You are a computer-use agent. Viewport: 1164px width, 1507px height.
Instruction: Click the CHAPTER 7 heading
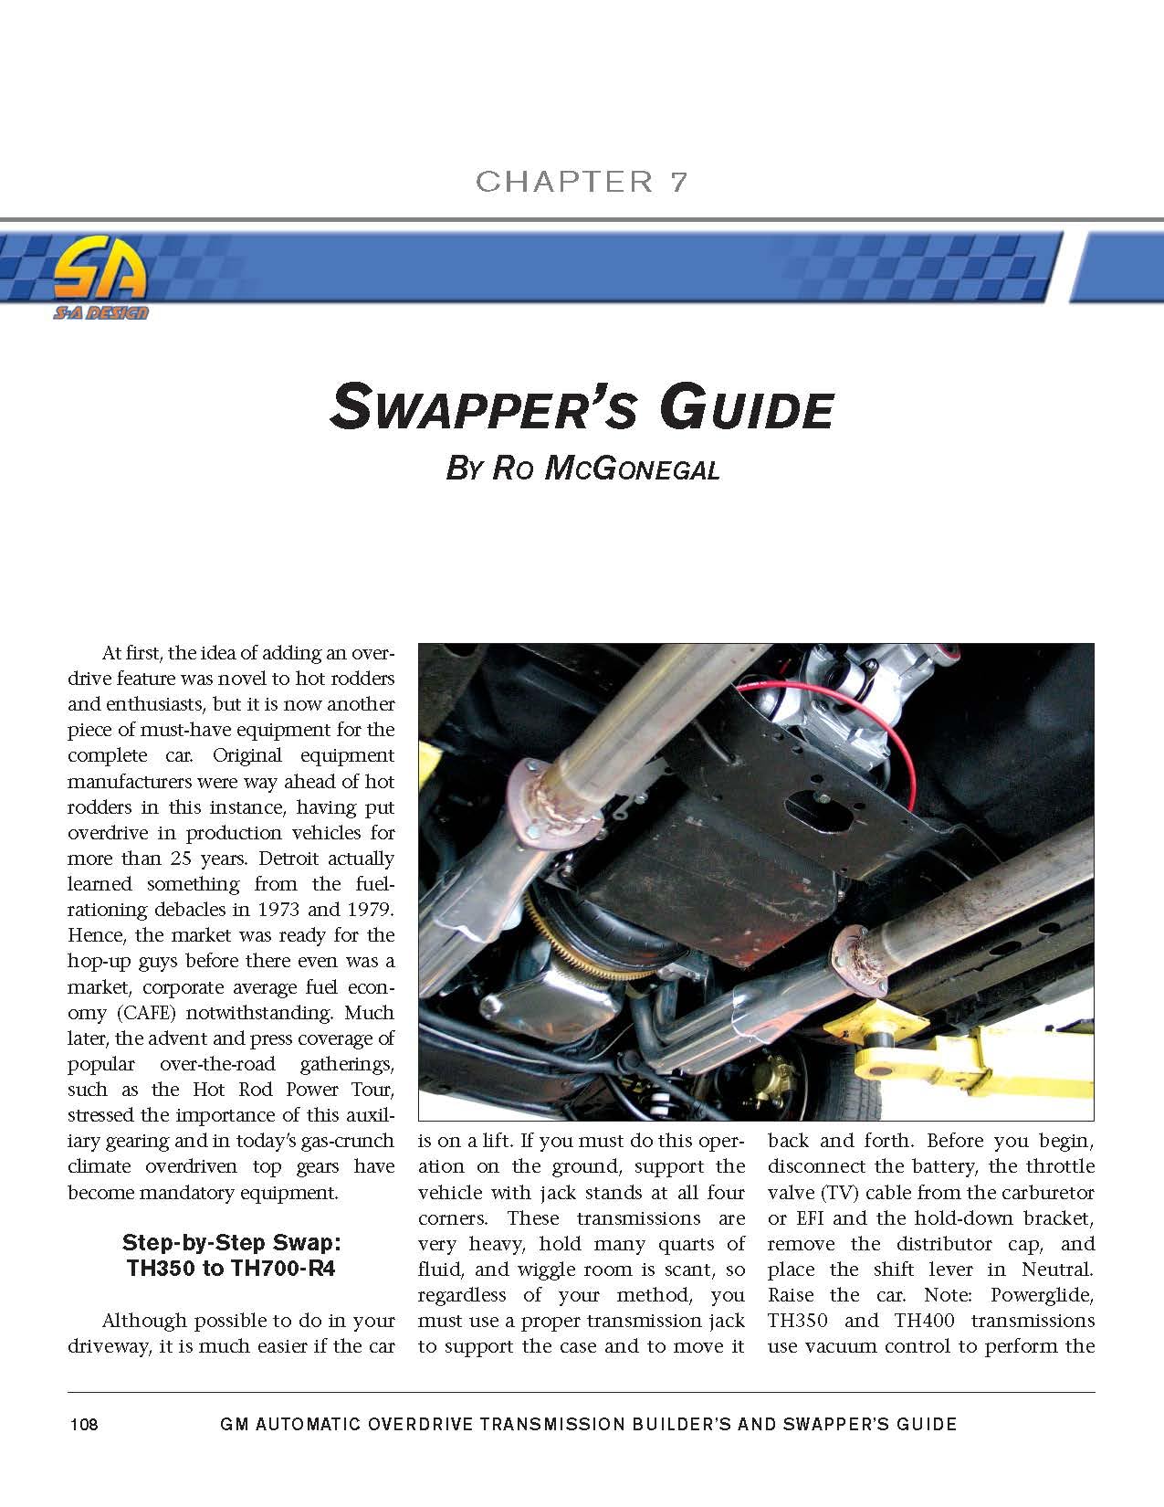581,181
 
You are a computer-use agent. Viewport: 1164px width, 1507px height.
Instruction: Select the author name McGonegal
632,469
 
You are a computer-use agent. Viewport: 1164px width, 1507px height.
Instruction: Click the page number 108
84,1424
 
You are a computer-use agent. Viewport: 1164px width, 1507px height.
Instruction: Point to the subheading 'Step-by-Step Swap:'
231,1243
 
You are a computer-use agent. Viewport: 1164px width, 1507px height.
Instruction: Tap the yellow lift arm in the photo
986,1059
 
